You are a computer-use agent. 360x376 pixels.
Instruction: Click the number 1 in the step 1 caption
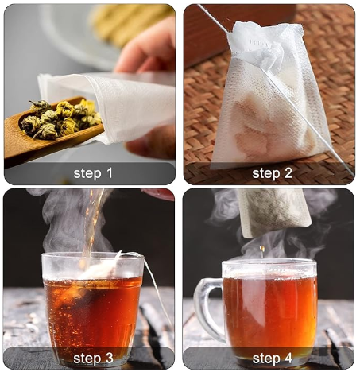pos(109,173)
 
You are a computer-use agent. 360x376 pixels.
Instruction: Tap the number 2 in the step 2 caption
pos(288,173)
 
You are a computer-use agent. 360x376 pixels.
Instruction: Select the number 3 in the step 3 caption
pos(109,359)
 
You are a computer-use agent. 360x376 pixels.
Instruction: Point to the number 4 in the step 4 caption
pos(288,359)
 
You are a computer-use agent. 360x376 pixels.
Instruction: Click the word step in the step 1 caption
pos(87,174)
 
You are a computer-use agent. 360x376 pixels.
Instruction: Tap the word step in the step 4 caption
pos(266,359)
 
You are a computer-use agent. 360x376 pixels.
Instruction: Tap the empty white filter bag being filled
pos(106,105)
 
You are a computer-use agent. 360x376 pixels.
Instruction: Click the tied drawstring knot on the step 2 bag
pos(268,54)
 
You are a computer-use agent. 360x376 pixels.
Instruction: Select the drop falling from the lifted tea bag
pos(262,249)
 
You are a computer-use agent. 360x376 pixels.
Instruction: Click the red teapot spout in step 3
pos(158,194)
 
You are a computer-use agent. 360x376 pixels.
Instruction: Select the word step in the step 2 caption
pos(266,174)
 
